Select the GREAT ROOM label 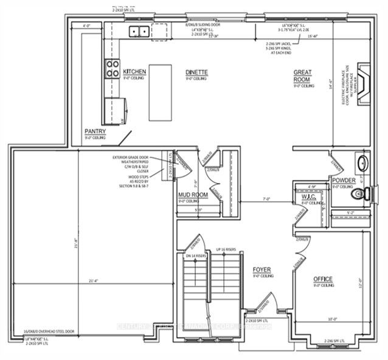[303, 75]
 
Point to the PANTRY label [95, 131]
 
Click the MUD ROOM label [193, 195]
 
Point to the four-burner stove [113, 67]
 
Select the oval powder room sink [362, 164]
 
